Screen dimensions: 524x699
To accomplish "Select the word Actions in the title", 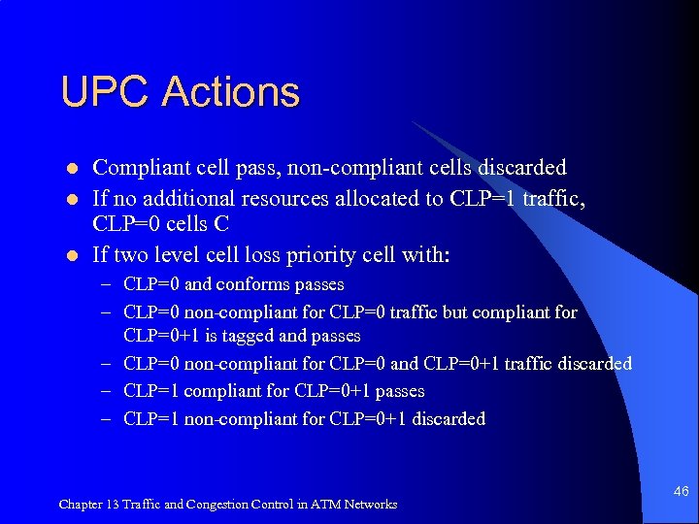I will [231, 93].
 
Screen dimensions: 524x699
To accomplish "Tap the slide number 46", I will [681, 492].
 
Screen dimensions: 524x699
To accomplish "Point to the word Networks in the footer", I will [369, 505].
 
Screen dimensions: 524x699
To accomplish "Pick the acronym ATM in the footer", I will [324, 505].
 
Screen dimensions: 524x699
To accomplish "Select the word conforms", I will [250, 285].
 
